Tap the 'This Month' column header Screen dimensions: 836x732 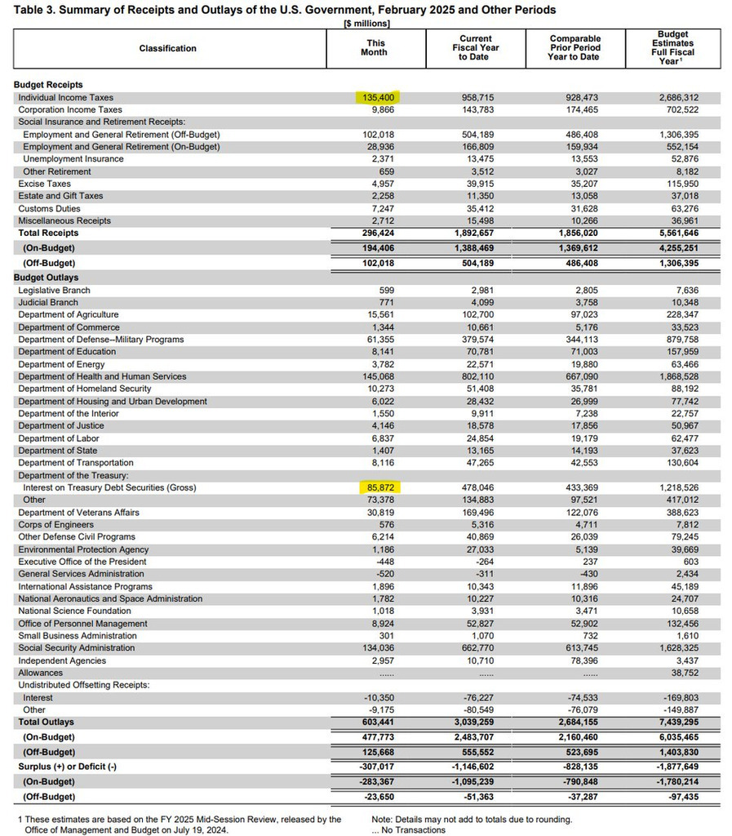(376, 48)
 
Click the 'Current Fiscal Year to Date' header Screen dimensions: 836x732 (477, 48)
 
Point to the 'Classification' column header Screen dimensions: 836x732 (167, 48)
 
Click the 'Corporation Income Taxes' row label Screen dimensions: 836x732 (70, 109)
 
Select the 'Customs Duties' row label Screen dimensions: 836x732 (53, 208)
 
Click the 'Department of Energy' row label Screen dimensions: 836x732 (61, 364)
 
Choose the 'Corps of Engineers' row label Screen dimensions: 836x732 (55, 525)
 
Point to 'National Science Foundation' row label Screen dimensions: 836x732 (74, 611)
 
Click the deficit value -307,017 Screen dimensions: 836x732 (379, 767)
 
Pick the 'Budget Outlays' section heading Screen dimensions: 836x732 (47, 278)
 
